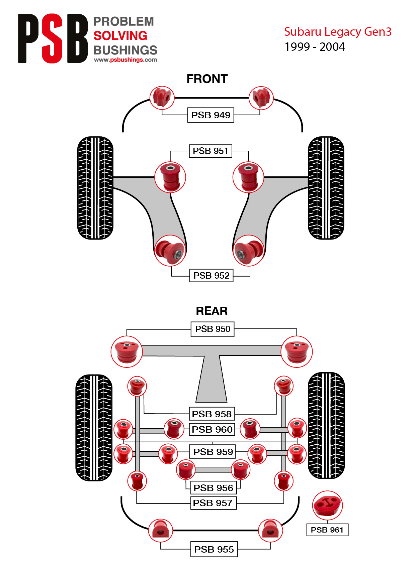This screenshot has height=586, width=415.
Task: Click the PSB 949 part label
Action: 211,115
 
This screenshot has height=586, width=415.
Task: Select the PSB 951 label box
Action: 211,151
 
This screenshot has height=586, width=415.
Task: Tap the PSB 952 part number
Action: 212,276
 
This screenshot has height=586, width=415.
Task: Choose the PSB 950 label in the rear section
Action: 213,329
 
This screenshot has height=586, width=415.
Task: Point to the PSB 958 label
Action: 212,414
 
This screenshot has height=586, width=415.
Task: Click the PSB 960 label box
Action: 212,429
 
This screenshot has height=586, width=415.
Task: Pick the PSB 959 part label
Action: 213,452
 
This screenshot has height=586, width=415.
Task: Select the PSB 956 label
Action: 213,488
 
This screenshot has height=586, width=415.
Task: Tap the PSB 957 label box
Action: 213,503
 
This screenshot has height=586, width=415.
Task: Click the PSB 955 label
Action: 214,549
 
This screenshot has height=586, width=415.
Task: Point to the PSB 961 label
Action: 327,530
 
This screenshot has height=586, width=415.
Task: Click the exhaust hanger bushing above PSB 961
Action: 327,505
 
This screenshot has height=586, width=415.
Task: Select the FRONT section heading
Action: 207,79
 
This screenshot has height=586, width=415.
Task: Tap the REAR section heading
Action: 212,311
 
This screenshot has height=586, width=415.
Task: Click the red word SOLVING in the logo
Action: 120,36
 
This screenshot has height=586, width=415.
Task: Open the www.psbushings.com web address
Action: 126,60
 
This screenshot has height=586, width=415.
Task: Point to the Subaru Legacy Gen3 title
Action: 338,32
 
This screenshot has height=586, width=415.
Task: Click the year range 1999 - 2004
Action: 315,47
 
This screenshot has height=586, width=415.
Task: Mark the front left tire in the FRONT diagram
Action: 95,188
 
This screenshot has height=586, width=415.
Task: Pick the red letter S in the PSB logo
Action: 53,38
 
